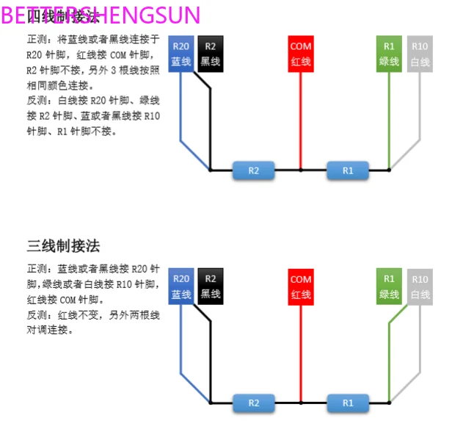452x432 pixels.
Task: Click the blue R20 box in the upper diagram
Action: pyautogui.click(x=181, y=54)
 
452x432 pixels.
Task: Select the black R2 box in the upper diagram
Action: pyautogui.click(x=210, y=54)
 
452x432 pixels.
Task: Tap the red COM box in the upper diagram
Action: pyautogui.click(x=300, y=54)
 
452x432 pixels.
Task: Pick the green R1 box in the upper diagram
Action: pyautogui.click(x=389, y=54)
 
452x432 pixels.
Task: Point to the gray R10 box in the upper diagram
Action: pyautogui.click(x=420, y=54)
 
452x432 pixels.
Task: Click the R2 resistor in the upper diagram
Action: pyautogui.click(x=253, y=170)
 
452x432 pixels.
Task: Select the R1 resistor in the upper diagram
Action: pyautogui.click(x=348, y=170)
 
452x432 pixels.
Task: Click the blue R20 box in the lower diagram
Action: pyautogui.click(x=181, y=287)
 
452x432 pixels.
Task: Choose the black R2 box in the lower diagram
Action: pyautogui.click(x=210, y=287)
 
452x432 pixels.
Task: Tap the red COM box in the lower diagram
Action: pyautogui.click(x=300, y=287)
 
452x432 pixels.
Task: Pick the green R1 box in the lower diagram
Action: pyautogui.click(x=389, y=287)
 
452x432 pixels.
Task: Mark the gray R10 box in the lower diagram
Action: pyautogui.click(x=420, y=287)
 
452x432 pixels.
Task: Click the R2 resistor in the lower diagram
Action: pyautogui.click(x=253, y=403)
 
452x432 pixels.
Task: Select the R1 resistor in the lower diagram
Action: pyautogui.click(x=348, y=403)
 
